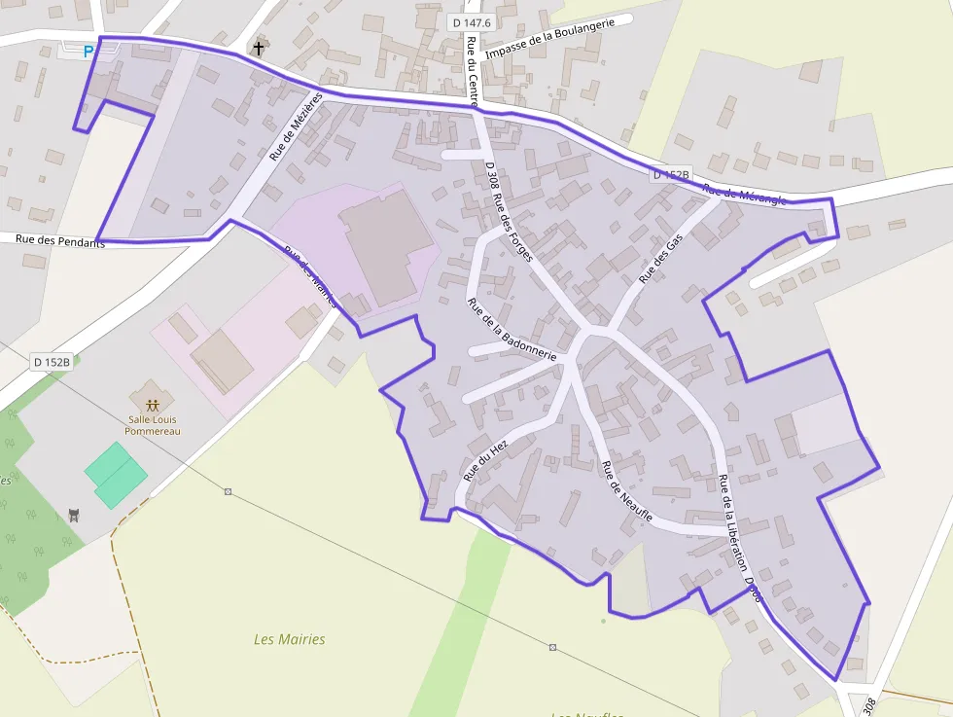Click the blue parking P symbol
(88, 52)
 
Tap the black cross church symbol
(259, 47)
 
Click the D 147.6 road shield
(472, 21)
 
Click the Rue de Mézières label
(296, 126)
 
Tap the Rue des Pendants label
(59, 240)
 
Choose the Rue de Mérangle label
(744, 195)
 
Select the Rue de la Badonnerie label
(512, 331)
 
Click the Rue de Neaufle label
(626, 491)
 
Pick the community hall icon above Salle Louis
(152, 404)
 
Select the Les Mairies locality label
(289, 639)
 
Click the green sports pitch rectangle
(116, 475)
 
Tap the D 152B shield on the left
(53, 362)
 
